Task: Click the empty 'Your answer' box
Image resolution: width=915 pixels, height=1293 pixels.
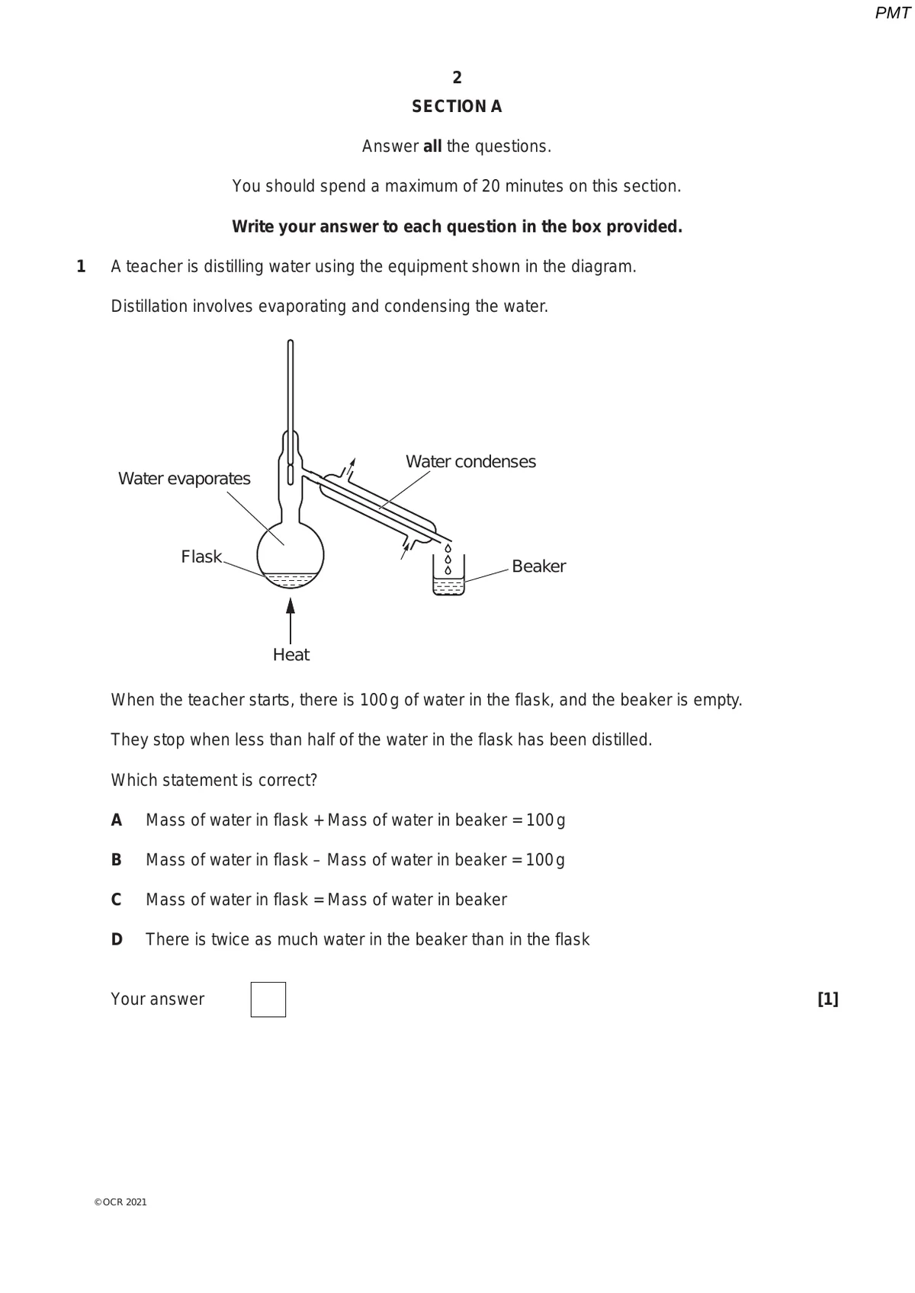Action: click(x=268, y=999)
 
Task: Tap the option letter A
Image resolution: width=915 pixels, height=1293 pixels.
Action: click(x=117, y=820)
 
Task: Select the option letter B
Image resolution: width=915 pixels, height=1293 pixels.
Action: click(x=117, y=860)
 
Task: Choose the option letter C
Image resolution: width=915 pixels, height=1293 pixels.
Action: click(x=117, y=900)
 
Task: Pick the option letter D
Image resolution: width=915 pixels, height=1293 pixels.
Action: click(x=117, y=939)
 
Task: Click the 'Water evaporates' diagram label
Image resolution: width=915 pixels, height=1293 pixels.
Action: click(x=185, y=479)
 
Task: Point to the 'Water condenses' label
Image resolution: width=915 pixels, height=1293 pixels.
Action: click(x=470, y=461)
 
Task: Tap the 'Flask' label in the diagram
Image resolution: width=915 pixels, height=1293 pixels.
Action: click(x=201, y=557)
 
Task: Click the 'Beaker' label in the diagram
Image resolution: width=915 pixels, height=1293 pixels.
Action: click(x=538, y=566)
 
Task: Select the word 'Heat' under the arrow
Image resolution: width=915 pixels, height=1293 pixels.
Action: click(x=291, y=655)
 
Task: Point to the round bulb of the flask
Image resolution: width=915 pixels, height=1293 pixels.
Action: click(x=291, y=553)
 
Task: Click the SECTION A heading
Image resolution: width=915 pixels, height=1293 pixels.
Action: click(x=457, y=107)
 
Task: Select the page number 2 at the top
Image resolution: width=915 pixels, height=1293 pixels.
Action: click(x=457, y=78)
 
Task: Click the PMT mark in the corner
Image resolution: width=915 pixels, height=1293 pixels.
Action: click(x=892, y=13)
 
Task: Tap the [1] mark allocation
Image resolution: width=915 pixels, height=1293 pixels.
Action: click(x=827, y=999)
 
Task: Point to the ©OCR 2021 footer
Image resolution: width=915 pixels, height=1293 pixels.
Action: click(x=120, y=1202)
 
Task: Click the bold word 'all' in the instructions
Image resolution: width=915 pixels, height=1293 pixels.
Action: click(x=432, y=146)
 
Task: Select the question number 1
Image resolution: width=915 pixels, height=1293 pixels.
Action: click(x=81, y=267)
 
